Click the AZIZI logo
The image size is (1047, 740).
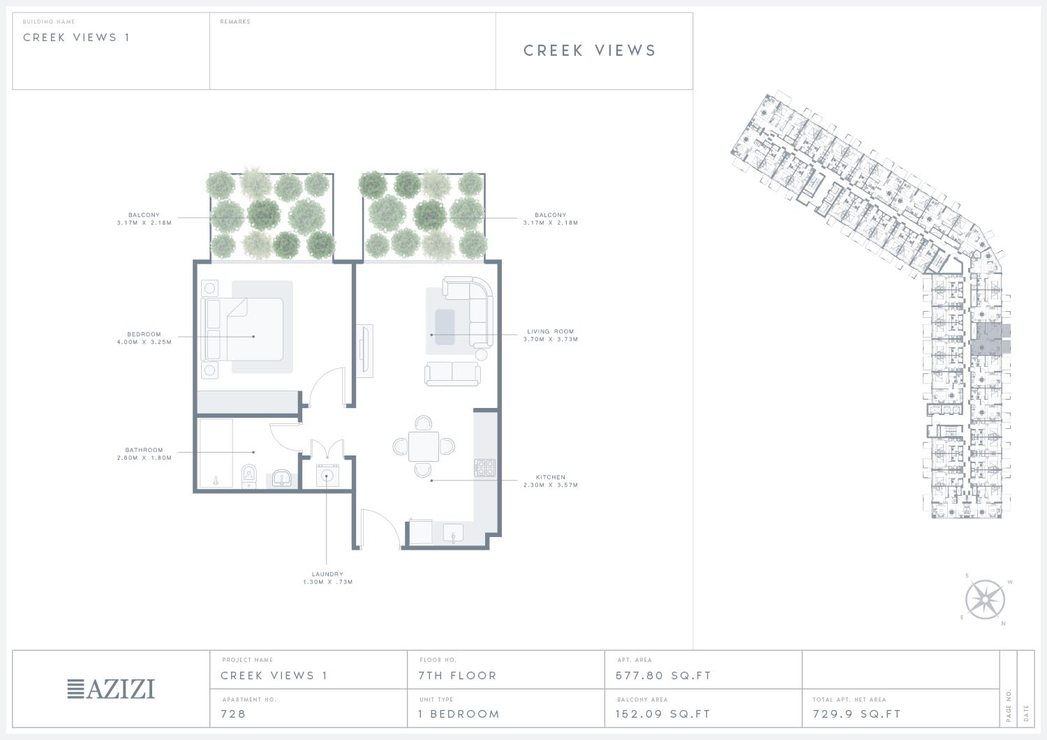point(111,689)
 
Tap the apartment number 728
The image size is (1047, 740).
point(233,713)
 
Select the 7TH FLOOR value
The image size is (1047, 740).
point(457,676)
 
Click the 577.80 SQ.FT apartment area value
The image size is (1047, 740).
point(663,676)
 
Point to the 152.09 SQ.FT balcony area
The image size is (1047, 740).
point(663,713)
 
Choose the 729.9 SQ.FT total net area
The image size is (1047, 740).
point(856,713)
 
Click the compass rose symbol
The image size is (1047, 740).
point(985,600)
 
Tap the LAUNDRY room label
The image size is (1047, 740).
point(327,574)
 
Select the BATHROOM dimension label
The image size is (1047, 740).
point(144,454)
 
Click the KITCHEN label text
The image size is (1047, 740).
point(551,477)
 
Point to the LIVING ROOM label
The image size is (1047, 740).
point(551,331)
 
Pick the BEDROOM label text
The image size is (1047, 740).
point(144,334)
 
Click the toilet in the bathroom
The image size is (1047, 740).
point(249,476)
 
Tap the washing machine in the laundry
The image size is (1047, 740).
point(327,475)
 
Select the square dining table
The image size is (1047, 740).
point(424,446)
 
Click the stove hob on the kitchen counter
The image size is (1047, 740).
point(485,467)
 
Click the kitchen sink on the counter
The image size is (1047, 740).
point(453,534)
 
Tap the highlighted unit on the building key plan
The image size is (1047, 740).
point(991,338)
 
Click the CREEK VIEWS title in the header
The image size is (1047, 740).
point(590,50)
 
